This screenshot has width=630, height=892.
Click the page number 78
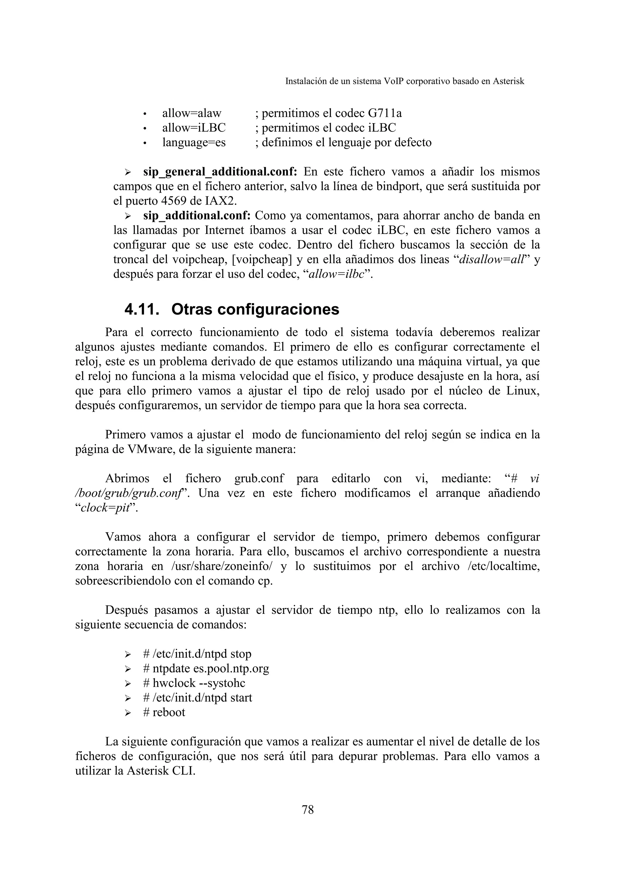click(307, 810)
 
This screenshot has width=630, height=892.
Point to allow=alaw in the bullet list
click(191, 114)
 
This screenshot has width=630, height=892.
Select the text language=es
click(194, 143)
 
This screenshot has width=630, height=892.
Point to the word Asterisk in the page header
click(508, 81)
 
